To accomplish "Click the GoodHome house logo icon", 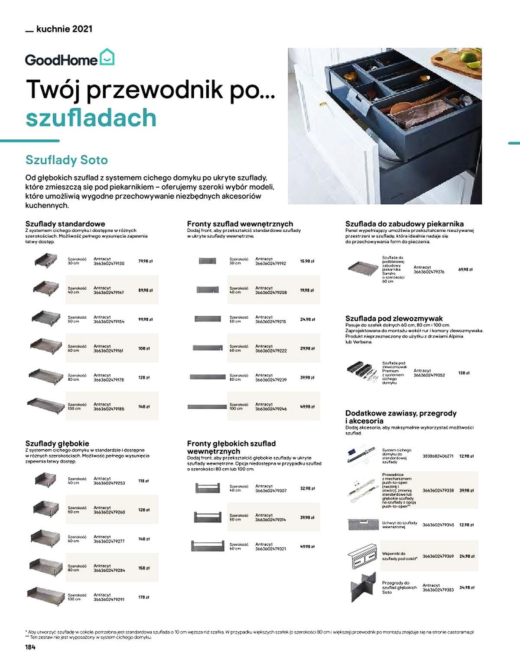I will (107, 58).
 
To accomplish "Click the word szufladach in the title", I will (91, 118).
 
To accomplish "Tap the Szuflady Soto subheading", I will (67, 160).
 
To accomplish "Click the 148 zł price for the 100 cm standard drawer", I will (144, 407).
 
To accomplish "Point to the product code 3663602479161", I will (108, 351).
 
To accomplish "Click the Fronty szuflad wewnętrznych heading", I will (240, 224).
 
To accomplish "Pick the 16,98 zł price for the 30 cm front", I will (307, 261).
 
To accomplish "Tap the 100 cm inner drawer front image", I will (208, 407).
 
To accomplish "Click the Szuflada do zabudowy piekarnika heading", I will (404, 224).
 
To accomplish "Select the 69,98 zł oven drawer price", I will (465, 269).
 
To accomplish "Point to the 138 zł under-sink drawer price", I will (464, 372).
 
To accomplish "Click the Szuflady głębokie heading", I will (57, 444).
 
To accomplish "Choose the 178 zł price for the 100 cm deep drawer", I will (144, 597).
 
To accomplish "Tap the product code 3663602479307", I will (271, 491).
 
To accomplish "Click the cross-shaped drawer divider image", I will (363, 587).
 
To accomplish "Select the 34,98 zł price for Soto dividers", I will (467, 588).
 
